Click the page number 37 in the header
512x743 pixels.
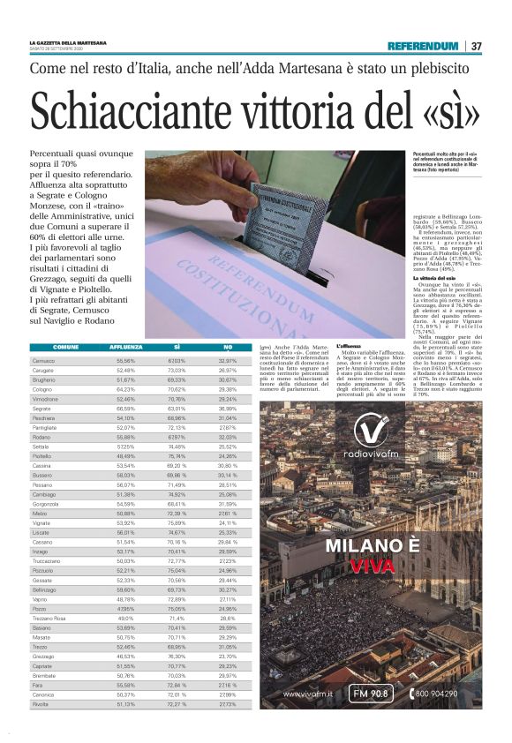(x=476, y=46)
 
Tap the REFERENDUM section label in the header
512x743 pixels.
(x=423, y=46)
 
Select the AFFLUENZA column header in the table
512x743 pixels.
(x=124, y=348)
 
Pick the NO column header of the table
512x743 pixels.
(x=227, y=348)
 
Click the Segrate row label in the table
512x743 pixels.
(x=41, y=409)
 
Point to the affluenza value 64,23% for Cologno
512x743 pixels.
(x=124, y=389)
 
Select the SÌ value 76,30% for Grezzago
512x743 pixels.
(x=177, y=657)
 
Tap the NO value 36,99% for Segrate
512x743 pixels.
(x=227, y=409)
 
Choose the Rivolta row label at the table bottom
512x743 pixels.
(x=41, y=704)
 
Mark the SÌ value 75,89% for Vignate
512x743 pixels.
(x=177, y=523)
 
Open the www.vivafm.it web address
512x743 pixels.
(x=306, y=694)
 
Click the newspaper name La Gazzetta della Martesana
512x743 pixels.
(x=68, y=42)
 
